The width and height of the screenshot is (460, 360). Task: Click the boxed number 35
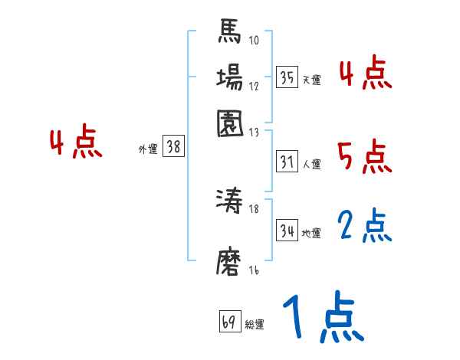(287, 77)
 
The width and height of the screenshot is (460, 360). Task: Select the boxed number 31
(287, 162)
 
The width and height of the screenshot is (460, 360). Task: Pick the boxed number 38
(173, 148)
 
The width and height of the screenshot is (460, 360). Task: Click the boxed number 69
(229, 322)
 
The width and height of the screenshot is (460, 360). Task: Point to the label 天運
(311, 80)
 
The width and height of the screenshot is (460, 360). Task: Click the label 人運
(311, 164)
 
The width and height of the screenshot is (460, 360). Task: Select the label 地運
(311, 232)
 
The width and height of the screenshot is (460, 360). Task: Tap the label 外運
(148, 150)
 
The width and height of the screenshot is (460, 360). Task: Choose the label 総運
(255, 325)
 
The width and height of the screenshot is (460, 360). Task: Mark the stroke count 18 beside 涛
(255, 209)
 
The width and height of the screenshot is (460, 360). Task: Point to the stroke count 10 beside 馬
(253, 41)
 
